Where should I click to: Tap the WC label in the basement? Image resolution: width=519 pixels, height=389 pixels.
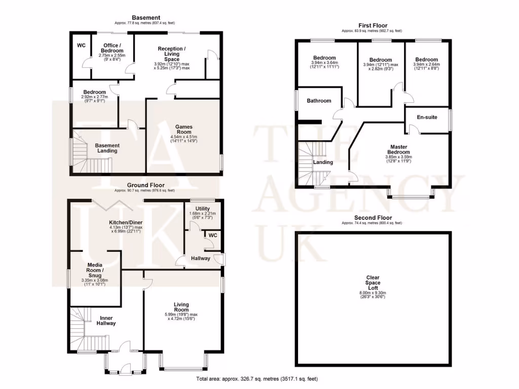click(x=81, y=46)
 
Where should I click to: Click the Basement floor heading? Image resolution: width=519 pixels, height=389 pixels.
click(x=146, y=18)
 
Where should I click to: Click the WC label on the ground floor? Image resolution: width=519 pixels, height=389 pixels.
click(x=213, y=235)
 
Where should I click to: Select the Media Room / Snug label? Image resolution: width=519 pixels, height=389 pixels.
click(x=95, y=270)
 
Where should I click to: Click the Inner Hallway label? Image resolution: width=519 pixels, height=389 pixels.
click(x=106, y=321)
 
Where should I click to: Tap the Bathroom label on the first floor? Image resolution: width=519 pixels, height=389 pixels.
click(x=319, y=101)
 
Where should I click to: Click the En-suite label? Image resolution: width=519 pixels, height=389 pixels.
click(x=426, y=117)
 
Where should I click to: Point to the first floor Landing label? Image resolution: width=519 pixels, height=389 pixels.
click(x=323, y=163)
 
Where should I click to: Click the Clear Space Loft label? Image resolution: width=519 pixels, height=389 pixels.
click(x=373, y=282)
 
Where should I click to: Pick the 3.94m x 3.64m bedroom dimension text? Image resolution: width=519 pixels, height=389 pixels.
click(x=324, y=64)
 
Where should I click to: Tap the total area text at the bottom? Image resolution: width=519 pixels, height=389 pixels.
click(x=257, y=379)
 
